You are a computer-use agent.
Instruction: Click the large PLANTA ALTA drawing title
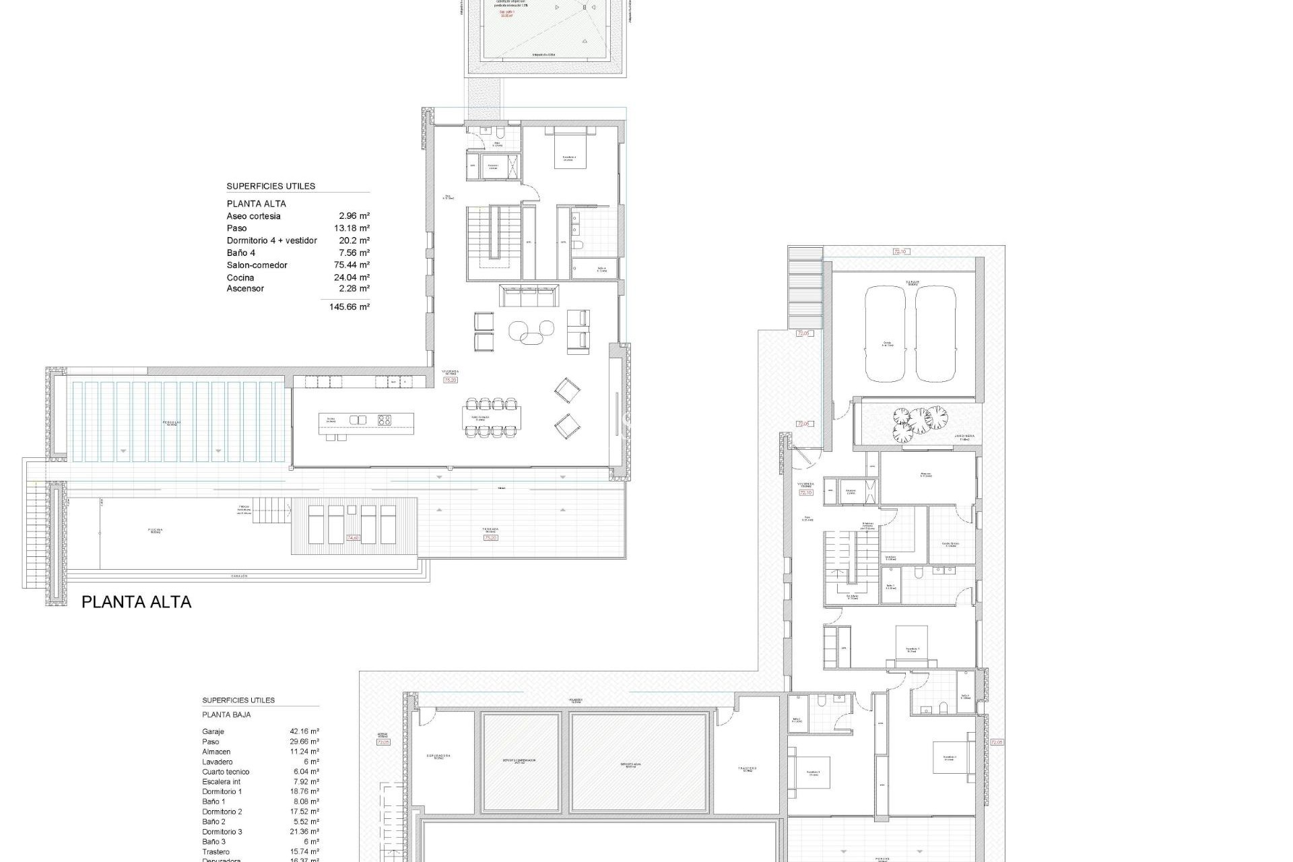tap(136, 602)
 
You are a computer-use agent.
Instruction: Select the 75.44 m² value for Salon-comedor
tap(352, 265)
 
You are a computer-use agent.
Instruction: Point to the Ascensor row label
tap(245, 288)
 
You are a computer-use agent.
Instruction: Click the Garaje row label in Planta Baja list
tap(213, 731)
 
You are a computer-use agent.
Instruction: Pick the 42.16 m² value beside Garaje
tap(304, 731)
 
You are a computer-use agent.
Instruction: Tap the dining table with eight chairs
tap(491, 418)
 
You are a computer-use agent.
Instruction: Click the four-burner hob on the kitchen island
tap(385, 420)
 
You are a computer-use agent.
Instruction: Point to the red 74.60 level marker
tap(353, 538)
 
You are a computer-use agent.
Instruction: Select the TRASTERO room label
tap(748, 768)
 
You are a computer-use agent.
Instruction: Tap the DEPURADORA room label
tap(438, 756)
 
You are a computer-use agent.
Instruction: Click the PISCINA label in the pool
tap(156, 530)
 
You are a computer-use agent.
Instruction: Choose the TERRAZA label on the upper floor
tap(490, 529)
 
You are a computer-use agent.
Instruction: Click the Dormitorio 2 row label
tap(222, 812)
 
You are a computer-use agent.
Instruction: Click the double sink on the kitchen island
tap(358, 420)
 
